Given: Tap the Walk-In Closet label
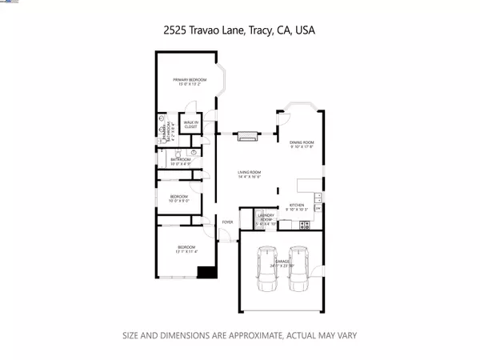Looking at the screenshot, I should [190, 124].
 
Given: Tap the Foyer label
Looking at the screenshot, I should [227, 222].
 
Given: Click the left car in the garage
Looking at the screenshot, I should [266, 271].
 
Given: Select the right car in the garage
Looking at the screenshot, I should [299, 271].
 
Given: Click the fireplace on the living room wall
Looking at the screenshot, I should [249, 135].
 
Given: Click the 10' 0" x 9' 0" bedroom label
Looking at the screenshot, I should [178, 198].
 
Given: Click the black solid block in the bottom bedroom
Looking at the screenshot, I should [207, 271].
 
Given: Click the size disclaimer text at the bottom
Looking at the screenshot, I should [239, 335].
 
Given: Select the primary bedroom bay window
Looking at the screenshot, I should [225, 81].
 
